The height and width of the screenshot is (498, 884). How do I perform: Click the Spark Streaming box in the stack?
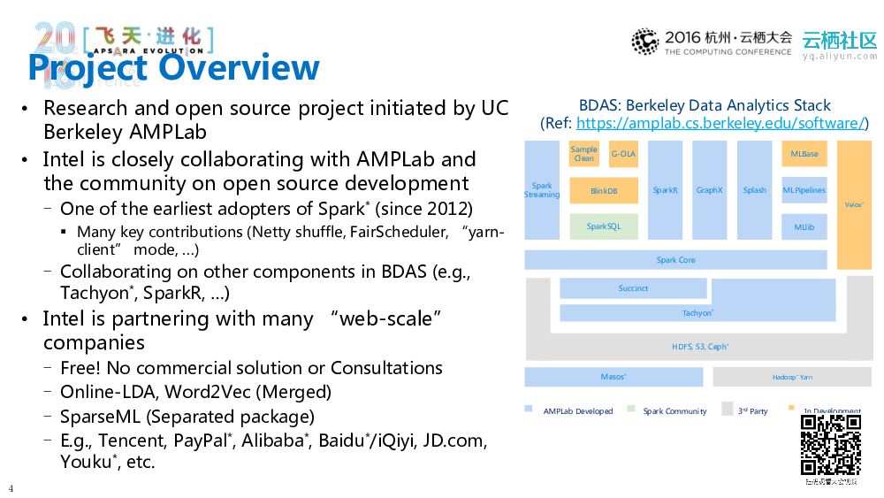[542, 190]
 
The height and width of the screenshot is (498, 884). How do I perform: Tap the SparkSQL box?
[604, 226]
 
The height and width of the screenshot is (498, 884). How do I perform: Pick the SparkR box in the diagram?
[665, 190]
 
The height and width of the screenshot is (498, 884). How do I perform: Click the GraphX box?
[709, 190]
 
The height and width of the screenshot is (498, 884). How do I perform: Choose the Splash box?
[754, 190]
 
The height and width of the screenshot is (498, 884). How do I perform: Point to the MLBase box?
[804, 154]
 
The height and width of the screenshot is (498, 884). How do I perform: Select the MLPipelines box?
[804, 190]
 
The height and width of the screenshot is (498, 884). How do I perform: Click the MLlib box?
[804, 226]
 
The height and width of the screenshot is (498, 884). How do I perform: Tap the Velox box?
[854, 204]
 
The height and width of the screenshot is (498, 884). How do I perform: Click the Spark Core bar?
[675, 260]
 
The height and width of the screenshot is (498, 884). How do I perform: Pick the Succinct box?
[633, 288]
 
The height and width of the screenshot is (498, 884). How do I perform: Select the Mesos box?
[613, 377]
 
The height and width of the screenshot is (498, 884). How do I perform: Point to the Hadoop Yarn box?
[792, 378]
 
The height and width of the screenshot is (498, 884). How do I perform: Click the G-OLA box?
[623, 154]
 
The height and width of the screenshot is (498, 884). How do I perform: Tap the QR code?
[830, 445]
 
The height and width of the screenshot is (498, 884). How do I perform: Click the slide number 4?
[11, 488]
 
